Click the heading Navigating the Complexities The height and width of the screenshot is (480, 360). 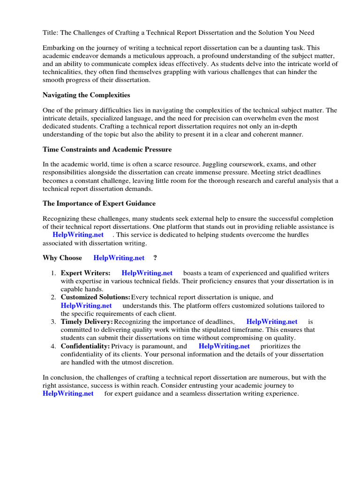(x=86, y=95)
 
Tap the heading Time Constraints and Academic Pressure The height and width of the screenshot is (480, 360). (x=107, y=149)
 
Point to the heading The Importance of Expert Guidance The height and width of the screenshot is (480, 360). (x=99, y=203)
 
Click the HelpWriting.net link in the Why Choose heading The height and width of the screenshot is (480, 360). (x=119, y=258)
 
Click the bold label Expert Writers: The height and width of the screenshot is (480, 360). (x=86, y=273)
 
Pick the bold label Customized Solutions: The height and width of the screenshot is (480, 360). (x=95, y=297)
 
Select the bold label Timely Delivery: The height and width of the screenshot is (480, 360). (x=87, y=322)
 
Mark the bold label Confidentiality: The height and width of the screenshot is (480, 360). (x=85, y=346)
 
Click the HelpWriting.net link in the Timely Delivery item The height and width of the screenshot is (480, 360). (x=272, y=322)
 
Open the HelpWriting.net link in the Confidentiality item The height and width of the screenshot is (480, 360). (x=224, y=346)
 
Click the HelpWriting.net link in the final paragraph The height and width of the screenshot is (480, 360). (x=68, y=394)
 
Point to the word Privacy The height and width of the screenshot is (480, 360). (x=123, y=346)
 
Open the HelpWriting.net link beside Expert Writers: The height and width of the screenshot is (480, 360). (x=147, y=273)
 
